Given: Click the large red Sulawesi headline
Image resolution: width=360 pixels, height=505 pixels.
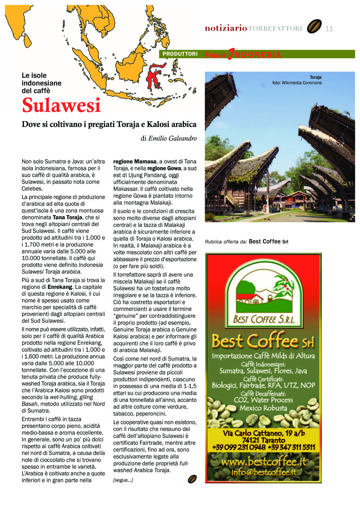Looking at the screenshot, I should (x=61, y=105).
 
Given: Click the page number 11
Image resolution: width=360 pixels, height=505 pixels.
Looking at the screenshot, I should (x=329, y=29).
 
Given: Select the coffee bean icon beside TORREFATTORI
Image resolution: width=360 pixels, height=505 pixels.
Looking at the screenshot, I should (x=314, y=27).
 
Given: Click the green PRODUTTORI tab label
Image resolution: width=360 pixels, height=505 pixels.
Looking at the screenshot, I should (x=180, y=54).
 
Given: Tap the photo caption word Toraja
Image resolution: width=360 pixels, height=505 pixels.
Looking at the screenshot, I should (x=315, y=77).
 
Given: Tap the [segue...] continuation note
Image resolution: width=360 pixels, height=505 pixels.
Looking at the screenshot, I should (x=123, y=480).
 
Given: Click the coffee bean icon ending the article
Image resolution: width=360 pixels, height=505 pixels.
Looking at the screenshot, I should (x=192, y=479).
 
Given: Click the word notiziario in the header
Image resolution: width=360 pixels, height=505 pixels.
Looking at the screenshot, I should (x=226, y=29).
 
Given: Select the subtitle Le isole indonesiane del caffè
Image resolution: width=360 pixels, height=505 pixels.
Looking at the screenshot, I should (x=42, y=83).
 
